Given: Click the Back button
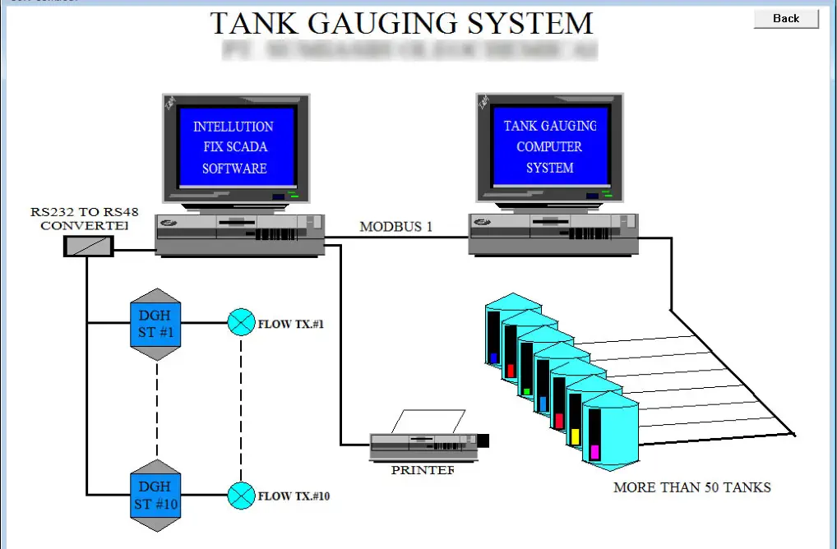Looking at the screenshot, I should point(786,19).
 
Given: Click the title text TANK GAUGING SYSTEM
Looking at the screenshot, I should point(401,23).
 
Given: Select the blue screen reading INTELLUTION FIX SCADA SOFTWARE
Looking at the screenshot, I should point(234,147).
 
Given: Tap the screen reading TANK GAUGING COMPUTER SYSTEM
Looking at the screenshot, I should point(550,147).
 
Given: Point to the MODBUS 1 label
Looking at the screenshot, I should point(395,227).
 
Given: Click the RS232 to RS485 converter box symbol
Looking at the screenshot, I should point(88,245).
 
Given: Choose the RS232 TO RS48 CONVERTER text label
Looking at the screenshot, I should point(85,219).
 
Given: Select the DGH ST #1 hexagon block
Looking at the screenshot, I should point(155,324).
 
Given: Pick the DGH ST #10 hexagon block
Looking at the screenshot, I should point(155,495).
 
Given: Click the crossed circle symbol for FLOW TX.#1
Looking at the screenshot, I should point(241,323).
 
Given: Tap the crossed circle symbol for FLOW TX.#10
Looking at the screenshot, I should point(241,496).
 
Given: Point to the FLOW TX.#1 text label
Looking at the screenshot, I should point(292,324).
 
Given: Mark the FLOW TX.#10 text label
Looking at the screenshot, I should point(294,496).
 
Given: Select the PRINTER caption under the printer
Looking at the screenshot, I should point(423,470).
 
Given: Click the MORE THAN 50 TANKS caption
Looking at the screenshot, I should point(692,487).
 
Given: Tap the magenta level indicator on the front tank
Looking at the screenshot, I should point(594,452).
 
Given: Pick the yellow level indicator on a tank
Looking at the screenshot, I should point(576,436).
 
